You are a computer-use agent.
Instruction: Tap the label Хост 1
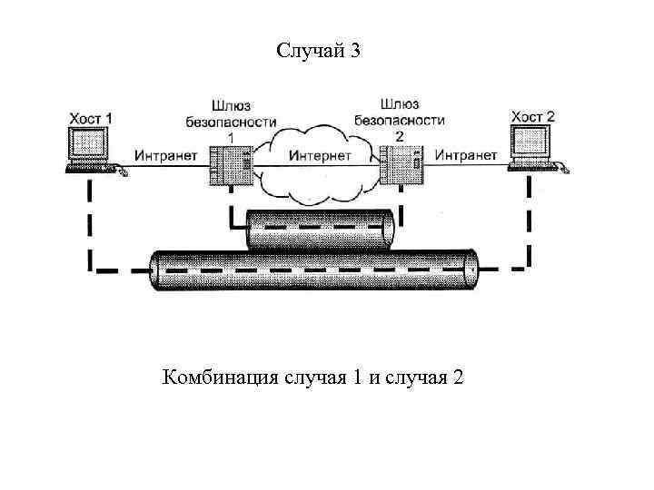click(92, 118)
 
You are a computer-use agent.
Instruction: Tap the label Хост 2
click(532, 117)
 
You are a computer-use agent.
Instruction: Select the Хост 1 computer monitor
click(88, 146)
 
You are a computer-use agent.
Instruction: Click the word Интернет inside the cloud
click(320, 155)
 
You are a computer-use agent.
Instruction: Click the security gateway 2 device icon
click(401, 165)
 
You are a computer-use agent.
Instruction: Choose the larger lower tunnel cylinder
click(313, 269)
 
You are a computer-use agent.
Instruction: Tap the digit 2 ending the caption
click(456, 377)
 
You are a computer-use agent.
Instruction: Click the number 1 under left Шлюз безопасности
click(230, 136)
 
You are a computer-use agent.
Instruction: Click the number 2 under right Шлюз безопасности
click(399, 135)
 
